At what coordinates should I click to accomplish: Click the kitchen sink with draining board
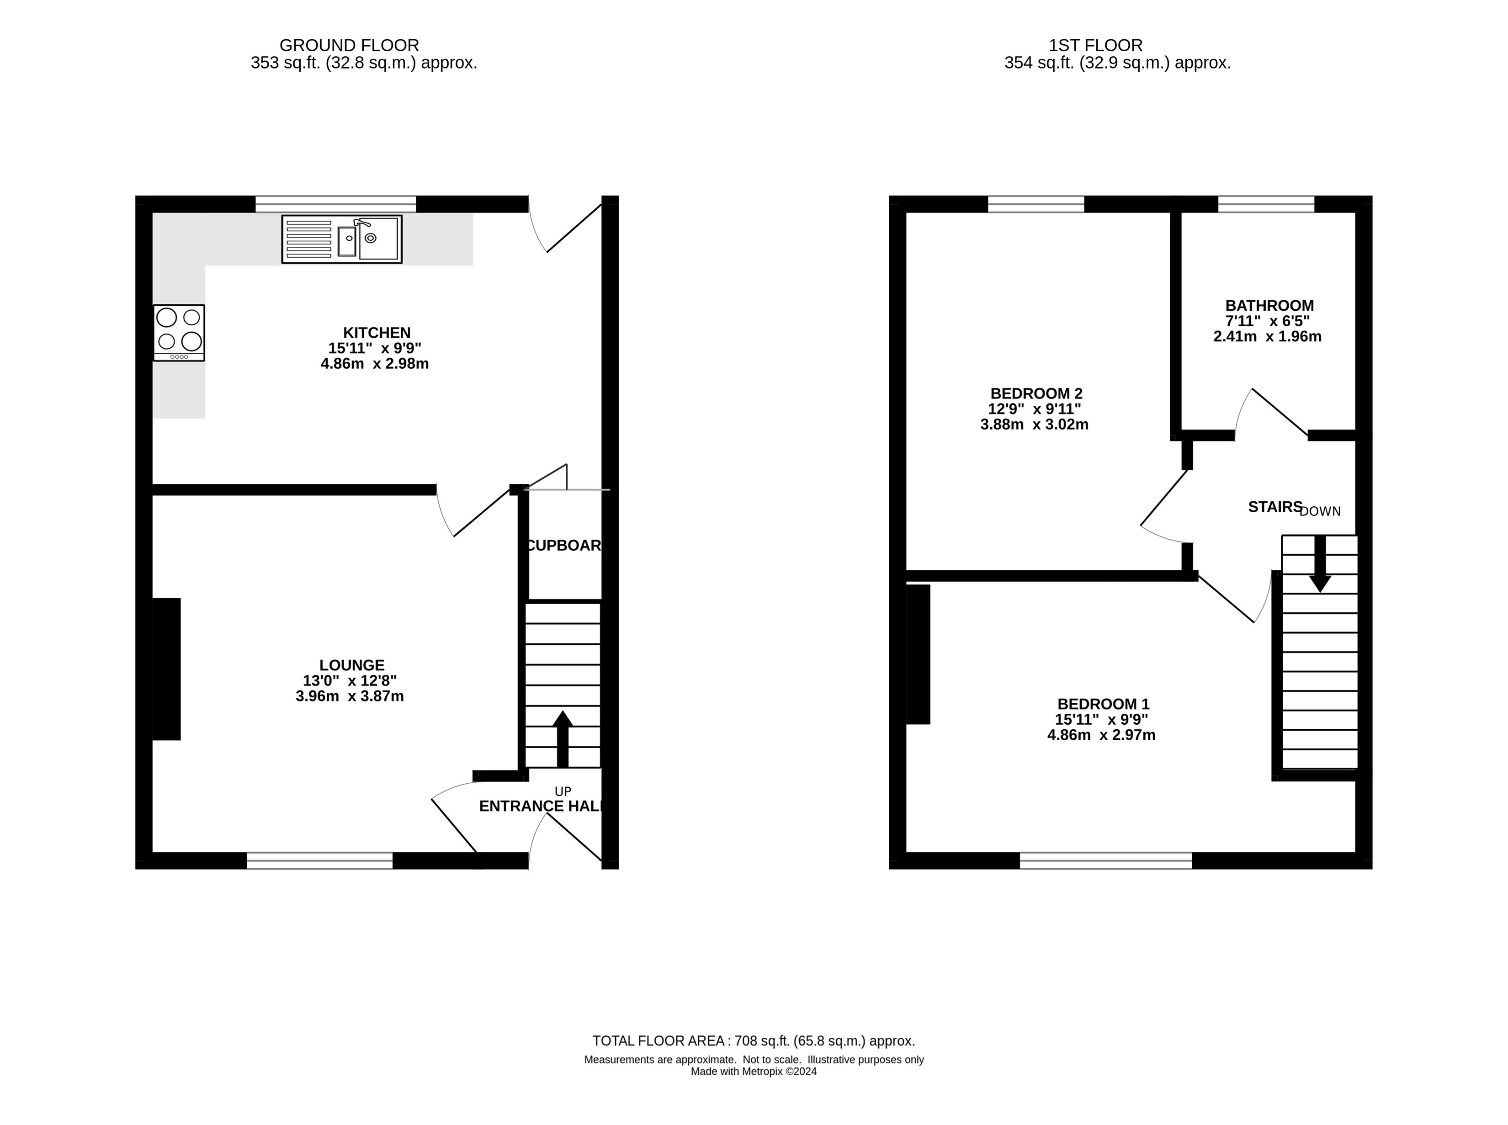[342, 239]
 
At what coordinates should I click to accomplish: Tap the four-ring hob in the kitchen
[179, 332]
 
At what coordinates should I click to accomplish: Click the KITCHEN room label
[377, 332]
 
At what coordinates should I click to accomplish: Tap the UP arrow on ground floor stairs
[562, 739]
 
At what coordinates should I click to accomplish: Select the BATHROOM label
[1269, 306]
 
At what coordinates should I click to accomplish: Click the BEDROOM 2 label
[1036, 393]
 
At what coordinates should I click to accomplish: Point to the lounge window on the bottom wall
[319, 861]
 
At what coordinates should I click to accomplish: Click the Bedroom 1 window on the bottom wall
[1105, 861]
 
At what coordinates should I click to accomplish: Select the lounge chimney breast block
[166, 669]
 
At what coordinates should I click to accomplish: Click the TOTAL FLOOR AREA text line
[754, 1040]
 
